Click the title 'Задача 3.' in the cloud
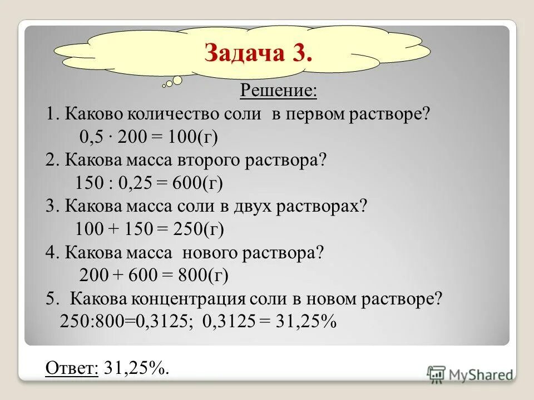coord(258,53)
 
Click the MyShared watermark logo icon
coord(436,374)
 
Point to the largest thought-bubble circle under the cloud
coord(177,81)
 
